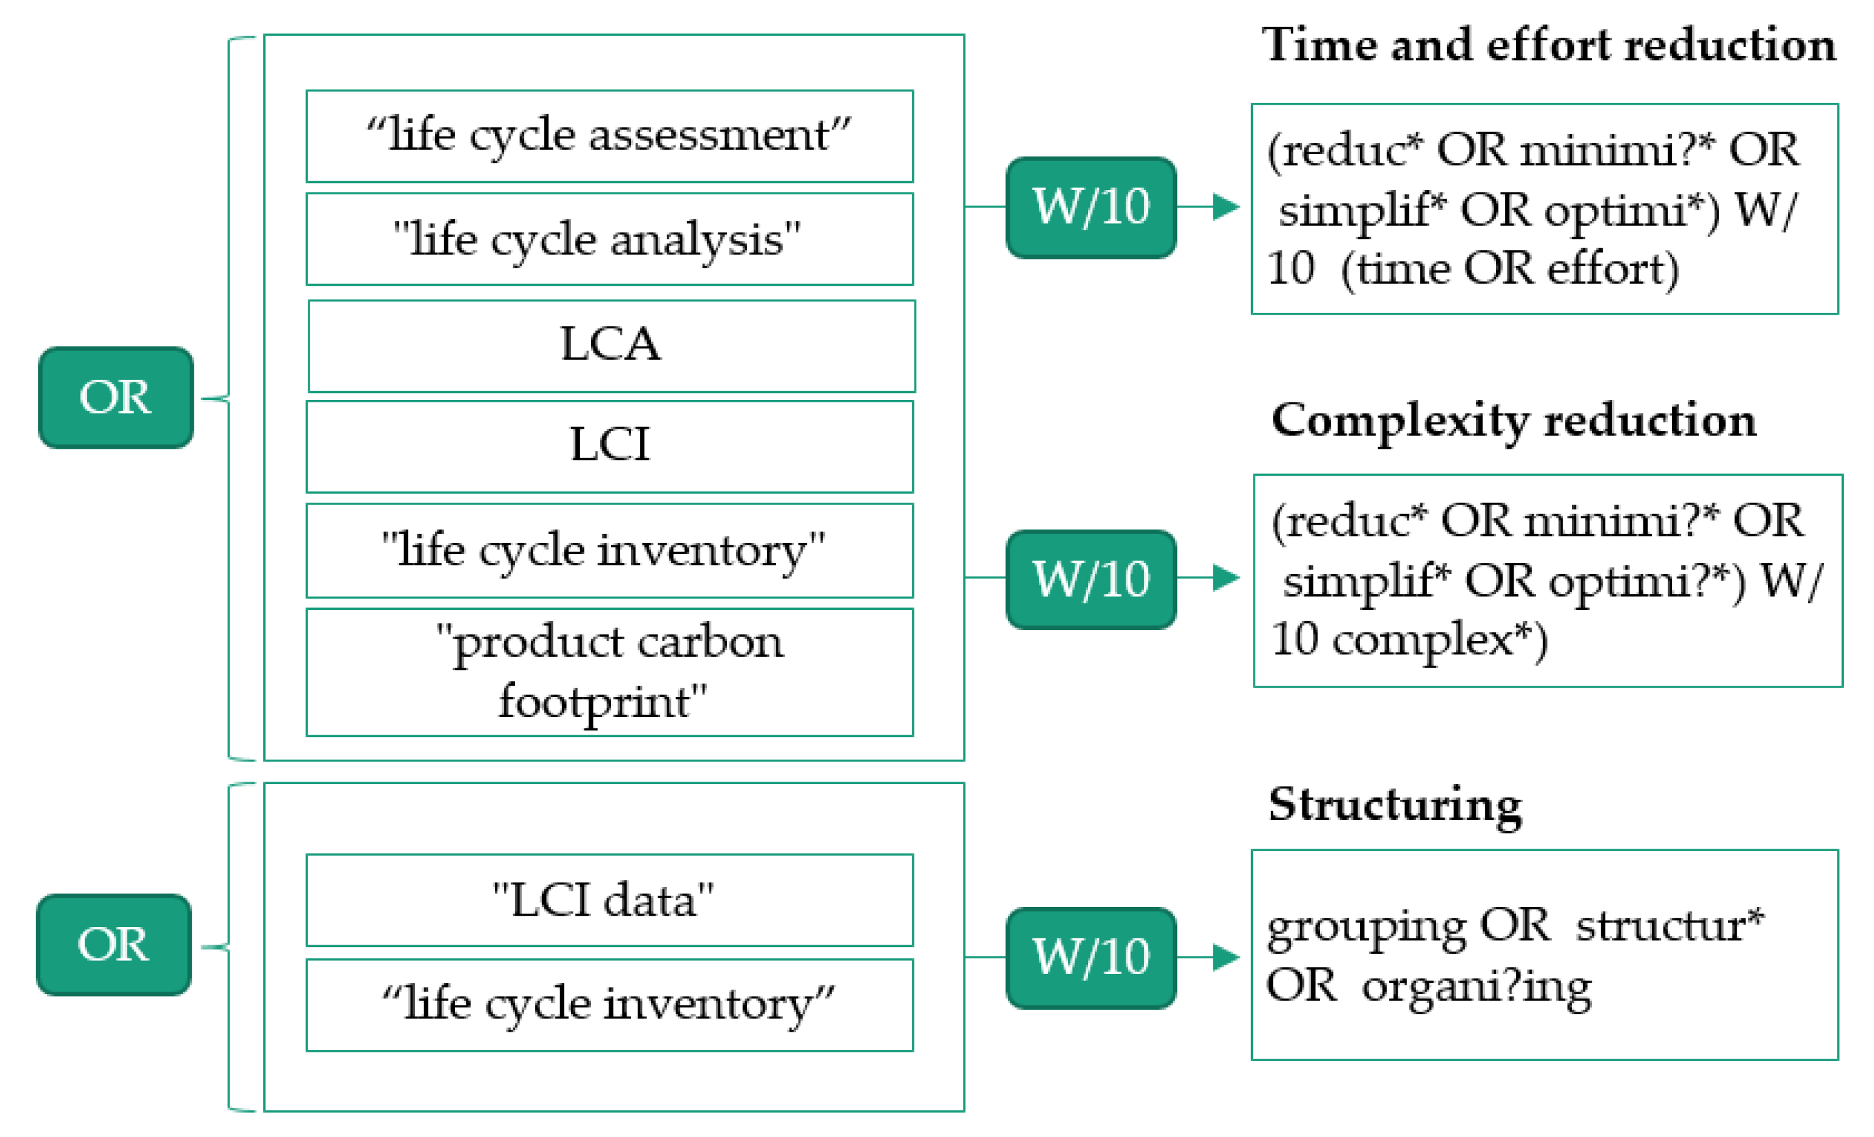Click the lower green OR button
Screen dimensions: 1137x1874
coord(114,944)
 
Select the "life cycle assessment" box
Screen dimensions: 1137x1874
coord(609,136)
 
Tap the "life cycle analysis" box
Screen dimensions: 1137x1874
coord(609,239)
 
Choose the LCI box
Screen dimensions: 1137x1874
coord(609,446)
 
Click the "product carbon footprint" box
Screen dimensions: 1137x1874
coord(609,671)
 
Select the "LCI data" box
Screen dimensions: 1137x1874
coord(609,899)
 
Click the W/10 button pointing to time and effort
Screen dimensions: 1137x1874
coord(1091,207)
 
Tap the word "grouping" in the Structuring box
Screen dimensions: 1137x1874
coord(1366,927)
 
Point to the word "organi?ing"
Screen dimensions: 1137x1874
coord(1475,988)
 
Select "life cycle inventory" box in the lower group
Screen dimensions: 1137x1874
coord(609,1004)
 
